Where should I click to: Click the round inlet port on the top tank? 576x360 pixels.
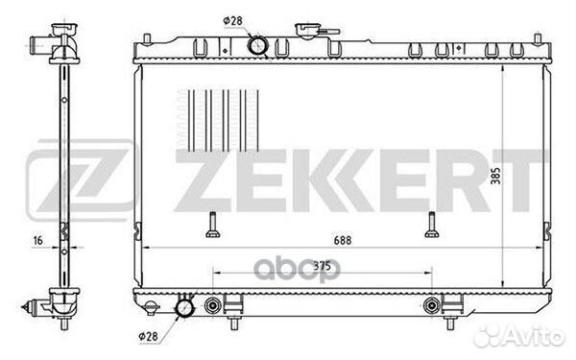coord(258,44)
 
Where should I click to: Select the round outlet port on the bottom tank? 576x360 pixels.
coord(183,308)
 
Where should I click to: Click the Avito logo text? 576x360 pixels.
coord(537,336)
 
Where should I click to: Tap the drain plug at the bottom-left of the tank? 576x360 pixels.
coord(152,306)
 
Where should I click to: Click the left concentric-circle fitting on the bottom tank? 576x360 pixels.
coord(212,307)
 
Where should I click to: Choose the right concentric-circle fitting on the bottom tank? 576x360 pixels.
coord(430,307)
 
